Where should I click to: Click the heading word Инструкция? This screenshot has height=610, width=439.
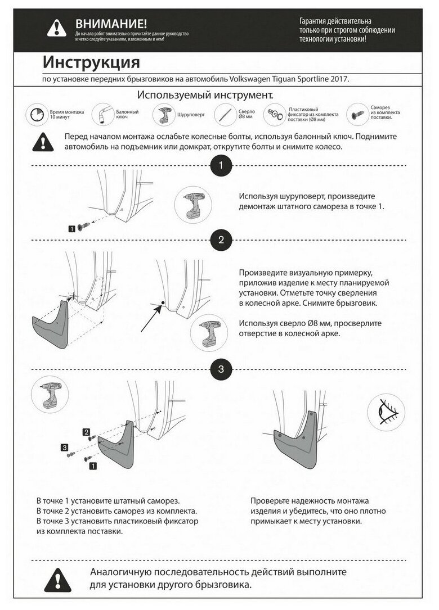[x=91, y=61]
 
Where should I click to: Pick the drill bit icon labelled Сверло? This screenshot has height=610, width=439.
[x=225, y=114]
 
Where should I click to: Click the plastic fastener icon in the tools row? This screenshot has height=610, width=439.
[x=276, y=115]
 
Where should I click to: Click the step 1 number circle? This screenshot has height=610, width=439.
[x=221, y=166]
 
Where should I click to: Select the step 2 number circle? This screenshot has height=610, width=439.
[x=221, y=240]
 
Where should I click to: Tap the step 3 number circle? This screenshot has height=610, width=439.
[x=221, y=369]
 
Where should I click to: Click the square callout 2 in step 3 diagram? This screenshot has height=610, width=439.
[x=87, y=432]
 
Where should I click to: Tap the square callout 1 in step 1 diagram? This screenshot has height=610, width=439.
[x=72, y=229]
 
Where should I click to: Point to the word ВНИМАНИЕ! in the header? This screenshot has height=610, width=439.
[x=111, y=24]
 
